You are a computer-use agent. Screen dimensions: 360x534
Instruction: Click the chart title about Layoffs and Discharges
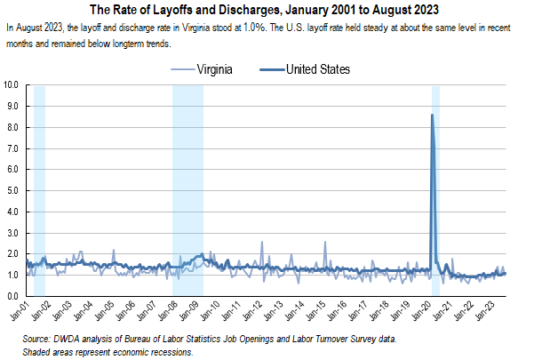pyautogui.click(x=267, y=11)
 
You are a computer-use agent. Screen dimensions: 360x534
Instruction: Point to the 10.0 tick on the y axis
pyautogui.click(x=13, y=85)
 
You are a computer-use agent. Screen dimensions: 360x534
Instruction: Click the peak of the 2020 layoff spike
pyautogui.click(x=432, y=115)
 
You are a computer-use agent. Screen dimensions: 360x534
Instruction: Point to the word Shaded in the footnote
pyautogui.click(x=41, y=352)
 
